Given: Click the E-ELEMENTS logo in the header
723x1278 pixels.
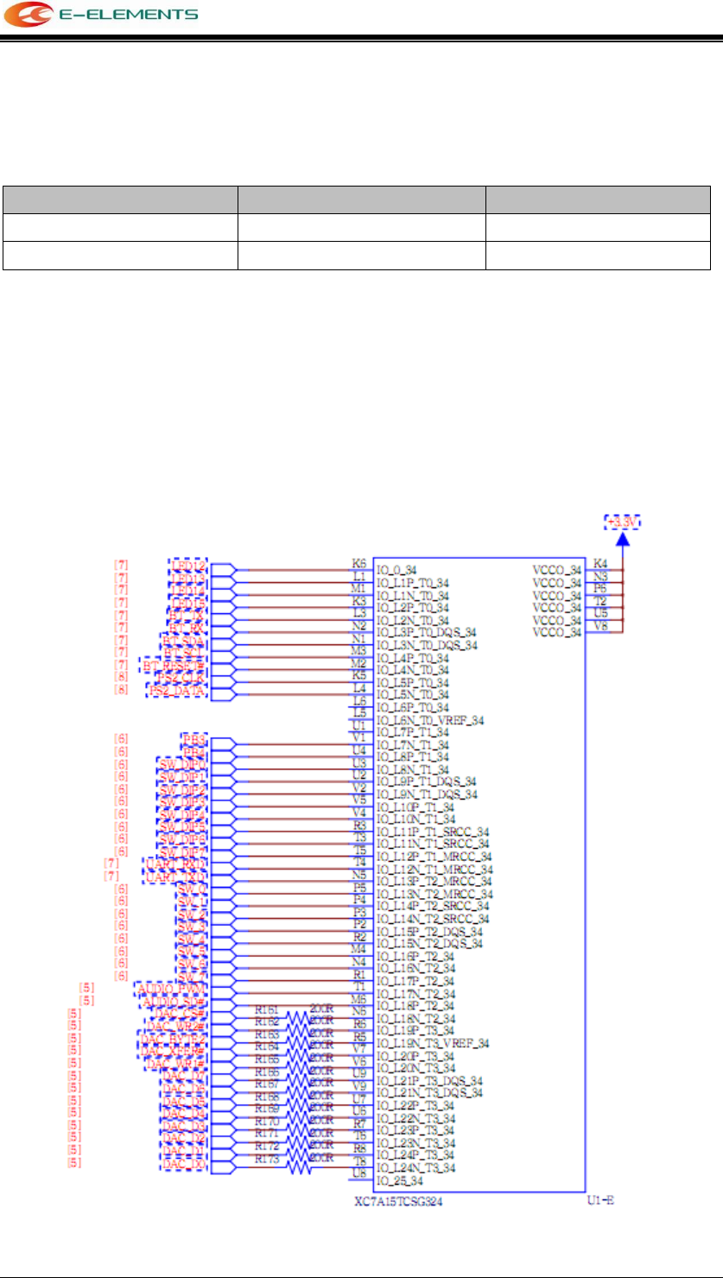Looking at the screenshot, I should tap(102, 15).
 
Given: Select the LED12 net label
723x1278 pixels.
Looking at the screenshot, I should tap(187, 566).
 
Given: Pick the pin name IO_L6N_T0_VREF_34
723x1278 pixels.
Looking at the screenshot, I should tap(428, 719).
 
